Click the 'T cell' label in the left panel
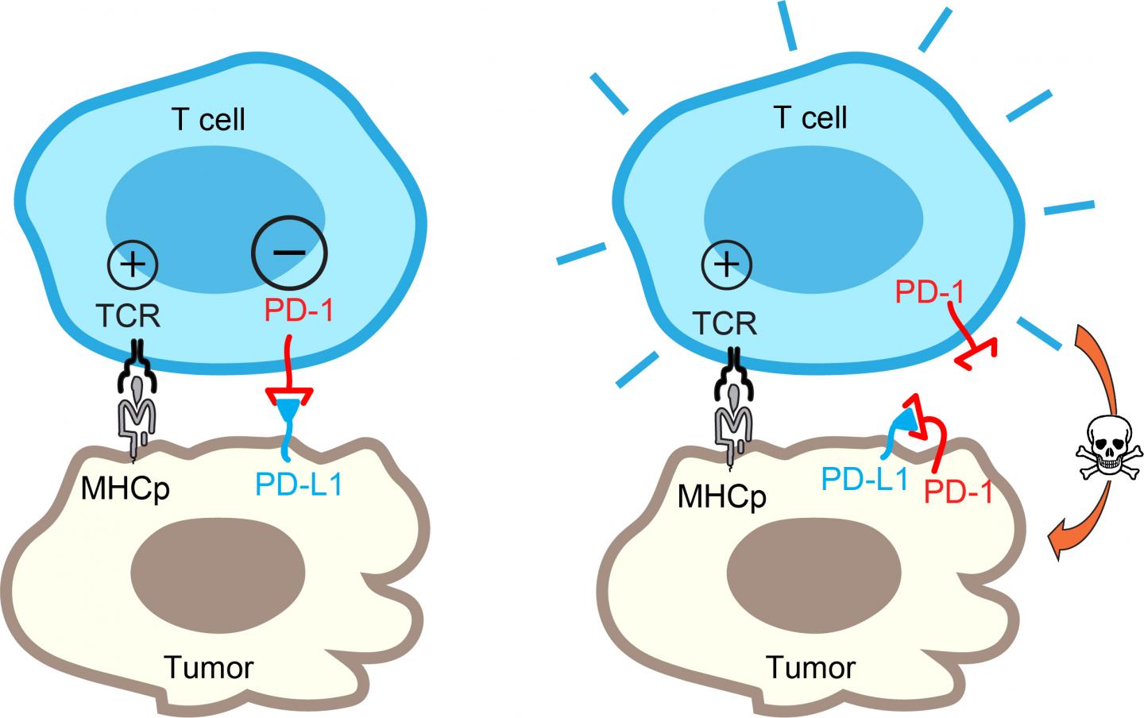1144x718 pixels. [209, 119]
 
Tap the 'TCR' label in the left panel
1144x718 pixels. [129, 316]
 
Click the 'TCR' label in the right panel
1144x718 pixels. [725, 323]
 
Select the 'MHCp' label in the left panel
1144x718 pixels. [126, 487]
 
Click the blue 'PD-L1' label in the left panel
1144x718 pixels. [299, 484]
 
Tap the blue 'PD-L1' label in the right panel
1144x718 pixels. [864, 479]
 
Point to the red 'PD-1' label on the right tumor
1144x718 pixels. [959, 492]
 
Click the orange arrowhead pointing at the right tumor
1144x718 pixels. [1060, 542]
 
